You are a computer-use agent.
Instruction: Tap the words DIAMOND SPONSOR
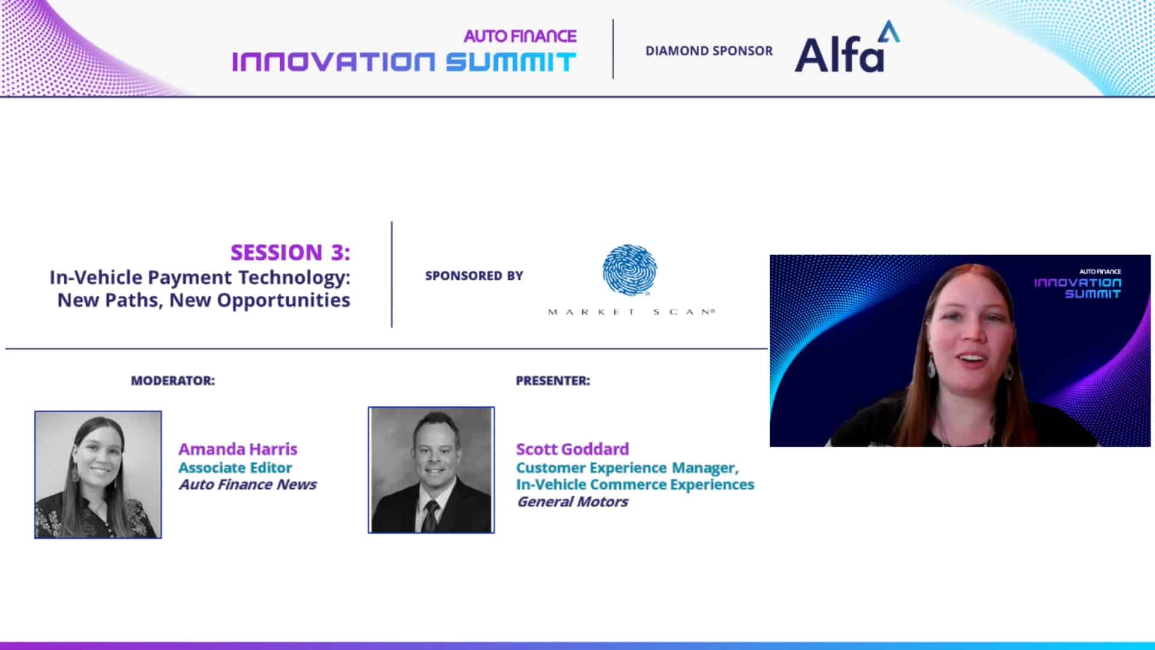[x=709, y=51]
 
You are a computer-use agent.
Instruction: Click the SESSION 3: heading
[x=290, y=252]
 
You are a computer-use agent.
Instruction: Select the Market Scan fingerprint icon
[x=629, y=270]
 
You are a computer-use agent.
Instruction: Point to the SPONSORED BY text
[x=474, y=276]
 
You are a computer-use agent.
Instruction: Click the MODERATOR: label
[x=173, y=380]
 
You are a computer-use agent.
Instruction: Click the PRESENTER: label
[x=553, y=380]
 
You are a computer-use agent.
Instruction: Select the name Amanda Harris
[x=238, y=449]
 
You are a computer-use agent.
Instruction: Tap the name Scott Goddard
[x=572, y=449]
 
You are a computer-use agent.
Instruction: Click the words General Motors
[x=572, y=501]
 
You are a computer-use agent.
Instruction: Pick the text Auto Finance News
[x=247, y=484]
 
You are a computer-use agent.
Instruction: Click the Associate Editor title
[x=235, y=468]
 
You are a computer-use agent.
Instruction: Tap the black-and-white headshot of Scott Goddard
[x=431, y=470]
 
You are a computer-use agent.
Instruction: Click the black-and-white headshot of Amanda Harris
[x=98, y=475]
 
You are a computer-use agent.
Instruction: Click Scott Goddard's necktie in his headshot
[x=430, y=516]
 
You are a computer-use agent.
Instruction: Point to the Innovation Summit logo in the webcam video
[x=1077, y=284]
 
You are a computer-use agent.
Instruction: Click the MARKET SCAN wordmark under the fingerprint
[x=631, y=312]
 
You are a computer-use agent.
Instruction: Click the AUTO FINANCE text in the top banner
[x=520, y=36]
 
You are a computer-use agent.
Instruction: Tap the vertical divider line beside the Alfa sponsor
[x=613, y=49]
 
